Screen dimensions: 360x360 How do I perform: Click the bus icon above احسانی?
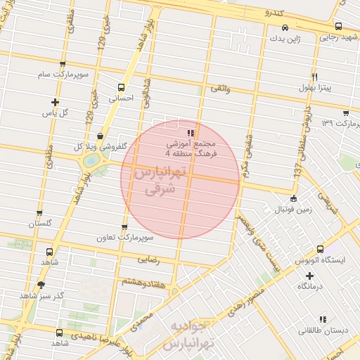coord(122,88)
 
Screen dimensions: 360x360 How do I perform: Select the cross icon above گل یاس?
coord(55,102)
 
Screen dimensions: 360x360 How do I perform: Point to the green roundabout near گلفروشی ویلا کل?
coord(90,161)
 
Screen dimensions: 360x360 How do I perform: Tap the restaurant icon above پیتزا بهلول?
coord(315,77)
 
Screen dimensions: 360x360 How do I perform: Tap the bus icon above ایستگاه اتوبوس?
coord(321,249)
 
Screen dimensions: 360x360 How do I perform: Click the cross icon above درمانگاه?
coord(309,275)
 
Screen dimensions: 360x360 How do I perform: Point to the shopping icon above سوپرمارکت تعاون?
coord(124,227)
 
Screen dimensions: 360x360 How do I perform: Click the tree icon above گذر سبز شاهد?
coord(41,285)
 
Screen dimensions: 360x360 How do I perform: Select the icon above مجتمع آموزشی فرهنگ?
coord(190,132)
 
